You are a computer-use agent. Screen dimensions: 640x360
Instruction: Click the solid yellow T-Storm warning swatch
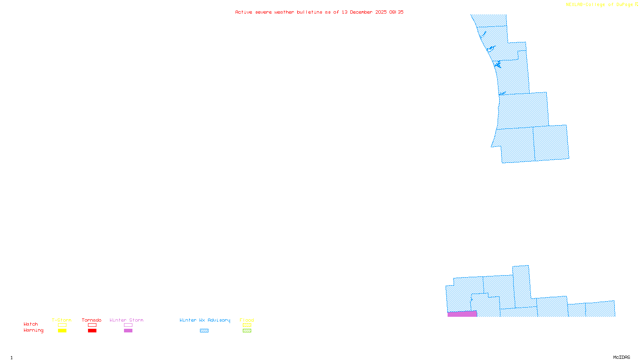click(62, 331)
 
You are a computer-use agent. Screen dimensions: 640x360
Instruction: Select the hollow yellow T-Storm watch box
click(62, 325)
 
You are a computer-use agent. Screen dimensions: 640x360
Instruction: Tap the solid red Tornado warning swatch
click(92, 331)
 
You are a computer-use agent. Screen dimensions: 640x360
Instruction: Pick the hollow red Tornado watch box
click(92, 325)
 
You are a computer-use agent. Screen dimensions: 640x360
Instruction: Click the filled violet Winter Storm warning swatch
click(128, 331)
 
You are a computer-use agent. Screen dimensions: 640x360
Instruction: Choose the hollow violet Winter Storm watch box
click(128, 325)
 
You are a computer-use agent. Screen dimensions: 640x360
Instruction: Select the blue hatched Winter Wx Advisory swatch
click(204, 331)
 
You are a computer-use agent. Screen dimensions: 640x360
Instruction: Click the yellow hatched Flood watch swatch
click(247, 325)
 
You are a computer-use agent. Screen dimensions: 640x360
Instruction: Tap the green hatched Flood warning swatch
click(247, 331)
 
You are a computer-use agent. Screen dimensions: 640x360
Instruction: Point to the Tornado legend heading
click(92, 320)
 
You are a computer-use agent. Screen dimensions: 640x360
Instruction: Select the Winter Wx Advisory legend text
click(205, 320)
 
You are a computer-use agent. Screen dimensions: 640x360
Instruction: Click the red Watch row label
click(31, 324)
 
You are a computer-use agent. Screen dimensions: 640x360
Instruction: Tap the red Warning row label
click(33, 330)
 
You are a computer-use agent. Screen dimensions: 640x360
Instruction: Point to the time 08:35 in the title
click(396, 12)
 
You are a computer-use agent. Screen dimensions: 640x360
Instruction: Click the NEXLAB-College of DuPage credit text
click(600, 5)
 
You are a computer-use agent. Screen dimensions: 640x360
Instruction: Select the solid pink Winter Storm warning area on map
click(462, 314)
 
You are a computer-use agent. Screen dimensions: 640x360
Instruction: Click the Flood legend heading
click(247, 320)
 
